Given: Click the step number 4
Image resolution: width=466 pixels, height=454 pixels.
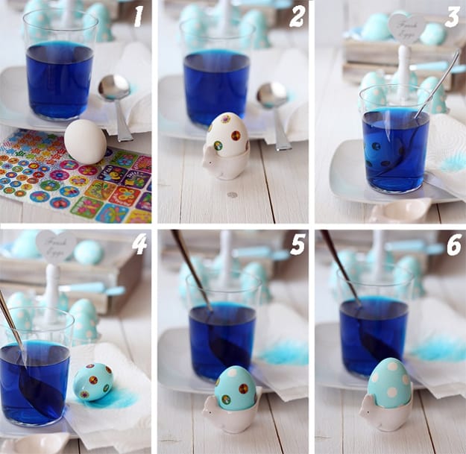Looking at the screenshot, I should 139,245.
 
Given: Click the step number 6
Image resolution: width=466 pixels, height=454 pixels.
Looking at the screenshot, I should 453,245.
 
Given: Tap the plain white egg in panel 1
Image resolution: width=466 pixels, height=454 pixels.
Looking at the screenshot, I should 85,142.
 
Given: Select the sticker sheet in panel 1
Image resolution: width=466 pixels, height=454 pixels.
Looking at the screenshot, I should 75,179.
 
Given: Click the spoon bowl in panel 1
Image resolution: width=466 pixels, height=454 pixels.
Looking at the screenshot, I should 113,87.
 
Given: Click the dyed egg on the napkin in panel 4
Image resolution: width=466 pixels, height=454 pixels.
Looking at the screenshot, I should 94,382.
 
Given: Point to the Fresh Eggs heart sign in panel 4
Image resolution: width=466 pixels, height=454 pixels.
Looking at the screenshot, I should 55,245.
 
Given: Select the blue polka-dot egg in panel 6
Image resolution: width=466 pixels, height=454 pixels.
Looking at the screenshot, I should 388,382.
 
